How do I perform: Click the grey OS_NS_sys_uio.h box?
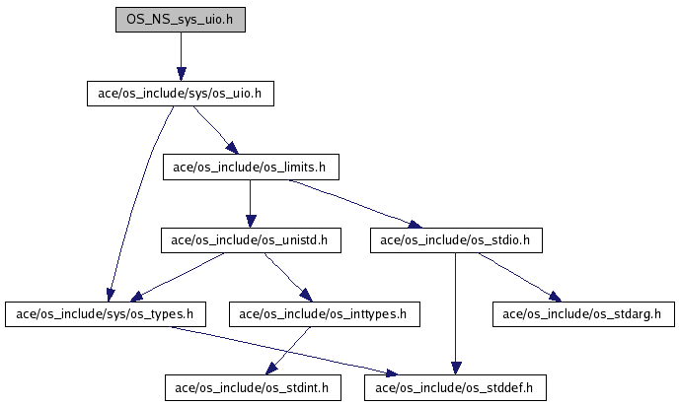click(181, 20)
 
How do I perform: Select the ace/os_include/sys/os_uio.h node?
click(181, 94)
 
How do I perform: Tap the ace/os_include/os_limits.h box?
click(251, 167)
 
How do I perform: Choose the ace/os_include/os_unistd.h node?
click(251, 240)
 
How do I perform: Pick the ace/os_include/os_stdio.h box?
click(456, 240)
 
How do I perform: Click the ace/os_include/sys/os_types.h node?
click(106, 314)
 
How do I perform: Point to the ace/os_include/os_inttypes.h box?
click(325, 314)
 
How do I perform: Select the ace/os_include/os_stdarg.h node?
click(583, 314)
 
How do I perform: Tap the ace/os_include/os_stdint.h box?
click(253, 387)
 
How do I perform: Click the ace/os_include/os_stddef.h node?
click(455, 387)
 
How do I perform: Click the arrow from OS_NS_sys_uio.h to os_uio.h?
click(181, 56)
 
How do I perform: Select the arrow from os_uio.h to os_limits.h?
click(215, 130)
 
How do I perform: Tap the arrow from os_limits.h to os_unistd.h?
click(250, 204)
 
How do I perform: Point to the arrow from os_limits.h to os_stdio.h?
click(355, 204)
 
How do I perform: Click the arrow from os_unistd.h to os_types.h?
click(177, 277)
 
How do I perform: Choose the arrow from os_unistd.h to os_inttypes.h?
click(288, 277)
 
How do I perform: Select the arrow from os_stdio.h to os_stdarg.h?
click(520, 277)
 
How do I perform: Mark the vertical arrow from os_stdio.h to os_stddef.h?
click(455, 313)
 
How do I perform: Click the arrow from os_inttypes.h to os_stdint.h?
click(287, 351)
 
